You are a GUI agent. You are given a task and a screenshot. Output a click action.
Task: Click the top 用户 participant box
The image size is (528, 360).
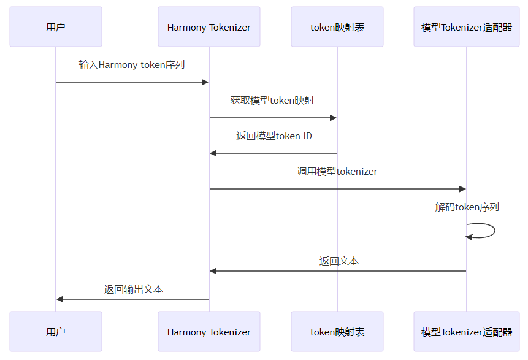pyautogui.click(x=56, y=27)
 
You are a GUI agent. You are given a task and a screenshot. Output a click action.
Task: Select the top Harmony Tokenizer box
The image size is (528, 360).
pyautogui.click(x=209, y=27)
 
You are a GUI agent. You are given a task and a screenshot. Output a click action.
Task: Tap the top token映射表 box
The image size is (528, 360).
pyautogui.click(x=337, y=27)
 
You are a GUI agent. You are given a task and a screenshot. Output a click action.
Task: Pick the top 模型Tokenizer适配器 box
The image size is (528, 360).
pyautogui.click(x=467, y=27)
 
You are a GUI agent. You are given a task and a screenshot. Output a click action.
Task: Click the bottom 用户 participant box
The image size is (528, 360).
pyautogui.click(x=56, y=332)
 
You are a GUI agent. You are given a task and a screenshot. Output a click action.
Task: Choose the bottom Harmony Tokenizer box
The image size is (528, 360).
pyautogui.click(x=209, y=332)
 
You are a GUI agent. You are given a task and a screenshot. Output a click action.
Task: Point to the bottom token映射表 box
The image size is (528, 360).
pyautogui.click(x=337, y=332)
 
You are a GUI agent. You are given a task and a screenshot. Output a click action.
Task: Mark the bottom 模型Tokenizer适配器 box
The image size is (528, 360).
pyautogui.click(x=467, y=332)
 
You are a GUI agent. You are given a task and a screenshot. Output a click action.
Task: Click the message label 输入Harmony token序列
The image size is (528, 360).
pyautogui.click(x=132, y=64)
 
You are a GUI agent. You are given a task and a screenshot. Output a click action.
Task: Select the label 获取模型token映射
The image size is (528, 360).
pyautogui.click(x=272, y=100)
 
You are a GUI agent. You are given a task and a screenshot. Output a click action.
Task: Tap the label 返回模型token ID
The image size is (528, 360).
pyautogui.click(x=274, y=136)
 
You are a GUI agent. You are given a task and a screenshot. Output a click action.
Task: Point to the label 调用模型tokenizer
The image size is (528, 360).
pyautogui.click(x=337, y=171)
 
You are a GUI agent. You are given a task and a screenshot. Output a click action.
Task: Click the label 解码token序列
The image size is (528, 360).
pyautogui.click(x=467, y=207)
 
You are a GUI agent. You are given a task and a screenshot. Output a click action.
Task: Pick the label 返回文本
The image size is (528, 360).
pyautogui.click(x=339, y=261)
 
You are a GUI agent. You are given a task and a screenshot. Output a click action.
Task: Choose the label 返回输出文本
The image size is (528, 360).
pyautogui.click(x=134, y=289)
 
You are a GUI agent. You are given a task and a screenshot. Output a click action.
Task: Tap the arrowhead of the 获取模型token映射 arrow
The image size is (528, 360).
pyautogui.click(x=334, y=118)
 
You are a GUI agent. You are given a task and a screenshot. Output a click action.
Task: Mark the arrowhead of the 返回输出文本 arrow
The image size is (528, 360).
pyautogui.click(x=60, y=299)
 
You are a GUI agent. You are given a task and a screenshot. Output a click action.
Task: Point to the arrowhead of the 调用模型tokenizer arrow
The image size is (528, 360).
pyautogui.click(x=462, y=189)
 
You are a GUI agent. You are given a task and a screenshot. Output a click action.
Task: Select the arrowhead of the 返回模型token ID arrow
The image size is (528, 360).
pyautogui.click(x=213, y=153)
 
